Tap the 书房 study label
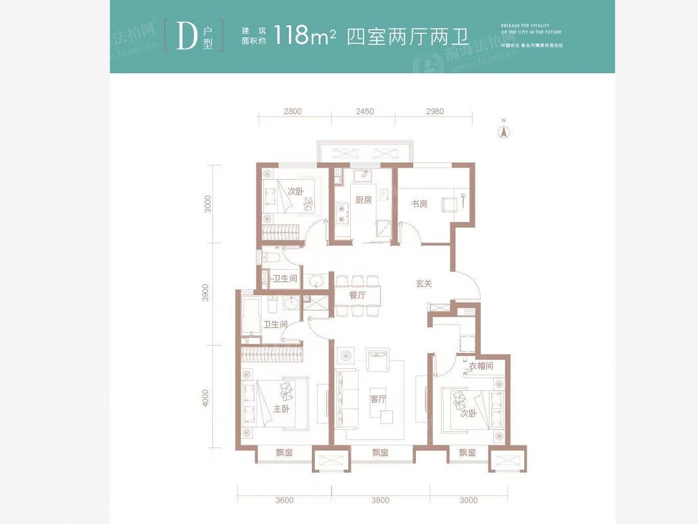[419, 204]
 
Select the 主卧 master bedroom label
[281, 409]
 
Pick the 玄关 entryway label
[423, 284]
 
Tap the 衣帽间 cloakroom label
[481, 366]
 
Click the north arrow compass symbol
[503, 131]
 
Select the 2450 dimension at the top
[364, 112]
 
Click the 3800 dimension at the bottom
[380, 501]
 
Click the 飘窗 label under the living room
[380, 453]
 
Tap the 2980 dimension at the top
[434, 112]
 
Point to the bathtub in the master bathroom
[249, 320]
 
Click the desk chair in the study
[449, 203]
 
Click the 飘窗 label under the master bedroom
[285, 453]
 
